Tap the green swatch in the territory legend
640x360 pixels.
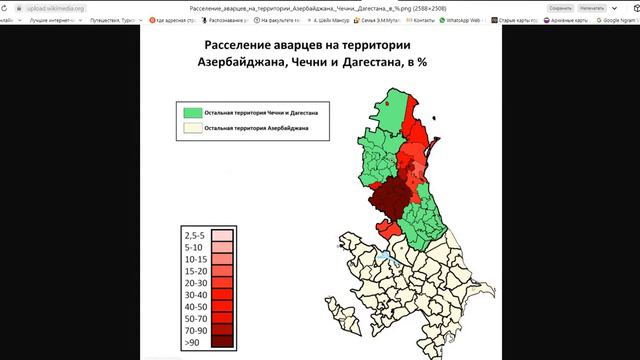pyautogui.click(x=191, y=113)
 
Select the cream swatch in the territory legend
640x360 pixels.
pyautogui.click(x=191, y=128)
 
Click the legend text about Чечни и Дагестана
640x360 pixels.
pyautogui.click(x=260, y=113)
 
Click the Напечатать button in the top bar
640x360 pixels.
pyautogui.click(x=592, y=8)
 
